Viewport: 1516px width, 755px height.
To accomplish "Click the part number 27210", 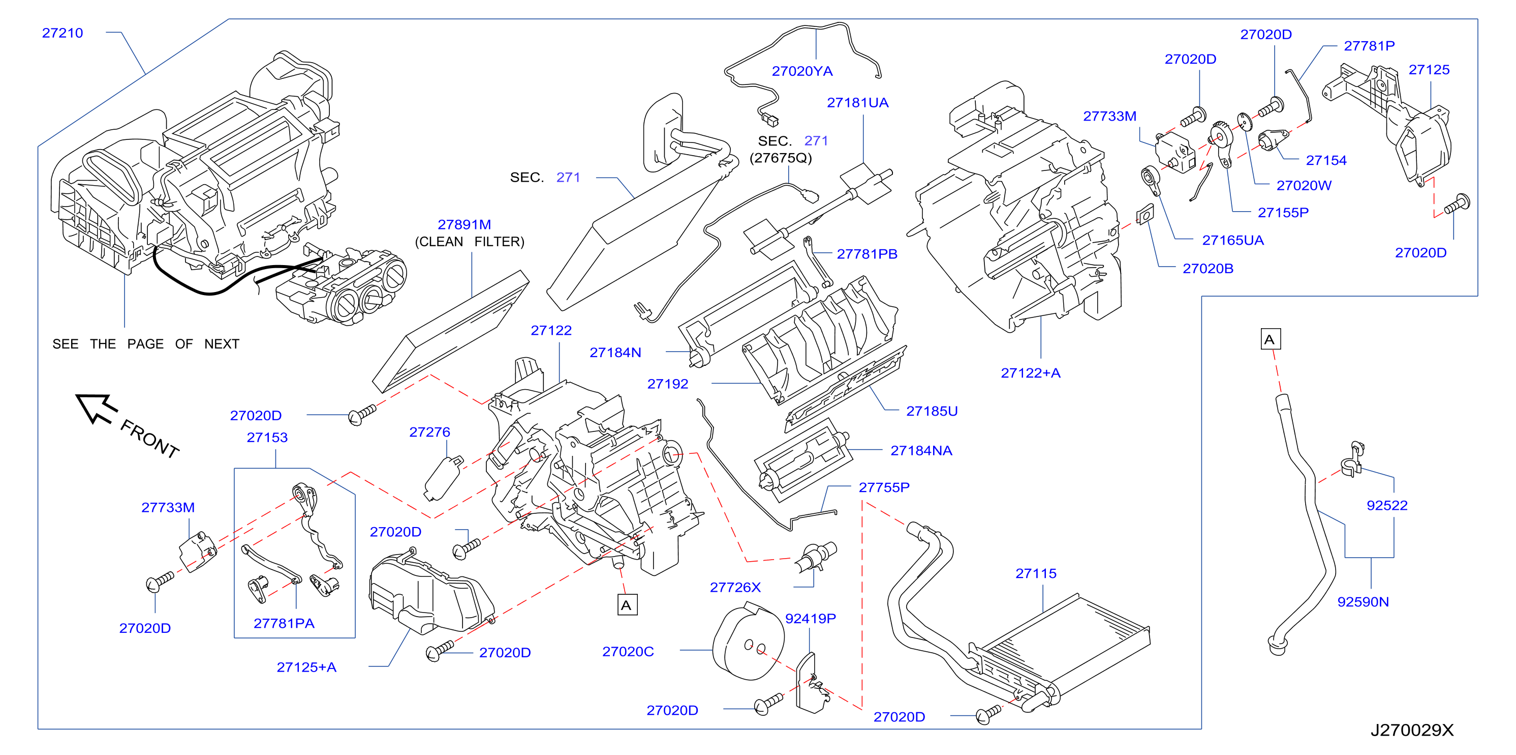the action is pyautogui.click(x=63, y=33).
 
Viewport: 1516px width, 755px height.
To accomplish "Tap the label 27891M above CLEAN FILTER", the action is pyautogui.click(x=464, y=224).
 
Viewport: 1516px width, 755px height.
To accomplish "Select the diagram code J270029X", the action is pyautogui.click(x=1412, y=730).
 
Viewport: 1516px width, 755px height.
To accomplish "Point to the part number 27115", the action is pyautogui.click(x=1036, y=573).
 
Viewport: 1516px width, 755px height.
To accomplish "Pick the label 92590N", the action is pyautogui.click(x=1363, y=601).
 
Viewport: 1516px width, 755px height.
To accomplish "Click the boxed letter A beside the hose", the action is pyautogui.click(x=1271, y=339).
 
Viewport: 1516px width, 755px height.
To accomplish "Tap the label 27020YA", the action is pyautogui.click(x=802, y=71).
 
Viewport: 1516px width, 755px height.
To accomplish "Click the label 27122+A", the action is pyautogui.click(x=1031, y=373).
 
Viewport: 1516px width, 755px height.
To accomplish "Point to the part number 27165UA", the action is pyautogui.click(x=1233, y=240).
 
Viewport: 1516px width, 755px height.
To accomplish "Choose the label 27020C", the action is pyautogui.click(x=628, y=651).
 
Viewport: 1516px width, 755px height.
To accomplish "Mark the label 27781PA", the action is pyautogui.click(x=284, y=623).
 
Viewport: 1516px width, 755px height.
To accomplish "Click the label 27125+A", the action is pyautogui.click(x=306, y=667).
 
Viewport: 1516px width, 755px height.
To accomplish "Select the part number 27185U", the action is pyautogui.click(x=932, y=411).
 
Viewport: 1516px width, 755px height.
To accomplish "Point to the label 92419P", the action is pyautogui.click(x=811, y=618).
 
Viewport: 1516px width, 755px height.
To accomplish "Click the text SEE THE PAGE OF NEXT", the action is pyautogui.click(x=146, y=344).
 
